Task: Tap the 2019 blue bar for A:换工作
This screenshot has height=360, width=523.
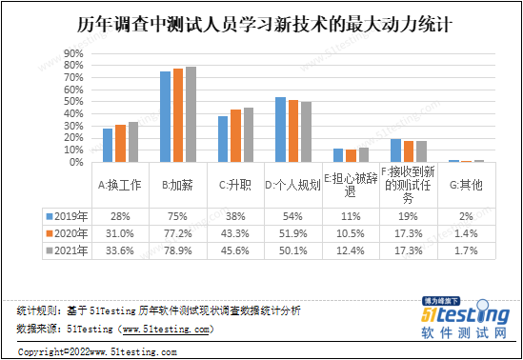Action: (x=108, y=145)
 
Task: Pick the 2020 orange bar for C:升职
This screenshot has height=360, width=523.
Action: (x=236, y=135)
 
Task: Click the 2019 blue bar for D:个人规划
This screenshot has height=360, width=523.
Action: (x=280, y=130)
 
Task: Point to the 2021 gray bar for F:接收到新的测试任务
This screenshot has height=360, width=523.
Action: (x=421, y=151)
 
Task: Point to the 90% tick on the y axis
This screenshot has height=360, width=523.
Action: (x=73, y=53)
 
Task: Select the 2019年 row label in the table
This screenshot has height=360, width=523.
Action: (x=67, y=216)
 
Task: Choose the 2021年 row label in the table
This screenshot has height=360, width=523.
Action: (x=67, y=250)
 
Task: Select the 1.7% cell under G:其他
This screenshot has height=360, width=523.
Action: (x=466, y=250)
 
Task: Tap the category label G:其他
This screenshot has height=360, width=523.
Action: (x=466, y=184)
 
